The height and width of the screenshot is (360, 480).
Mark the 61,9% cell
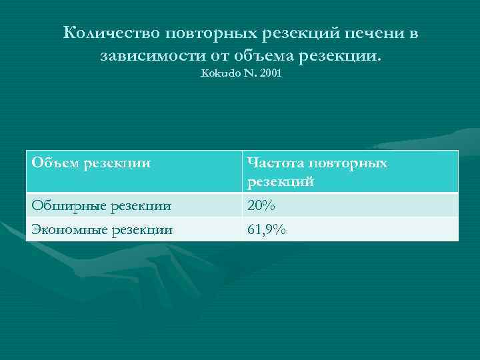266,230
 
